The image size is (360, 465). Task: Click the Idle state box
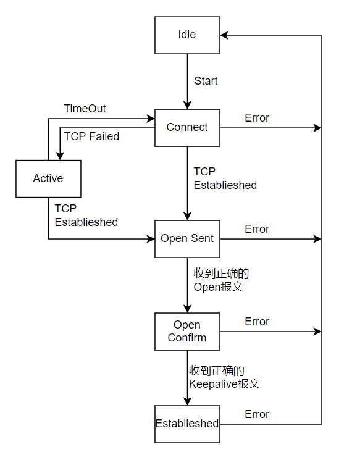pyautogui.click(x=187, y=35)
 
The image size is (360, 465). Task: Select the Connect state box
pyautogui.click(x=187, y=128)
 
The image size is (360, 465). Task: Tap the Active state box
pyautogui.click(x=48, y=179)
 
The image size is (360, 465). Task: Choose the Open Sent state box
pyautogui.click(x=187, y=239)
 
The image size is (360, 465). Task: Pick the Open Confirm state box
pyautogui.click(x=187, y=332)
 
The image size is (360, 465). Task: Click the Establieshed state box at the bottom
pyautogui.click(x=187, y=424)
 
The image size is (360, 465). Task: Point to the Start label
pyautogui.click(x=206, y=81)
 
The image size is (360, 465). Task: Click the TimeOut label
pyautogui.click(x=85, y=109)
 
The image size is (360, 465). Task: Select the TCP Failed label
pyautogui.click(x=91, y=136)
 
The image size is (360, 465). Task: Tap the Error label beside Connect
pyautogui.click(x=257, y=118)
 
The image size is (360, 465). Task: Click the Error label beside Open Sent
pyautogui.click(x=257, y=229)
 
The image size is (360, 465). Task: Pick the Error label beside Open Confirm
pyautogui.click(x=257, y=322)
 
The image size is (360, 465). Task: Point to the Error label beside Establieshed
pyautogui.click(x=257, y=414)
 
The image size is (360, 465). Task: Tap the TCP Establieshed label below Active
pyautogui.click(x=86, y=216)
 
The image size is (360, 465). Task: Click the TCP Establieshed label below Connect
pyautogui.click(x=225, y=178)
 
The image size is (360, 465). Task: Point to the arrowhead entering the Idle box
pyautogui.click(x=224, y=35)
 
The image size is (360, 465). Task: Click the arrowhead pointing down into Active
pyautogui.click(x=60, y=156)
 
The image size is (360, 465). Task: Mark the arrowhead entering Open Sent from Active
pyautogui.click(x=151, y=239)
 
